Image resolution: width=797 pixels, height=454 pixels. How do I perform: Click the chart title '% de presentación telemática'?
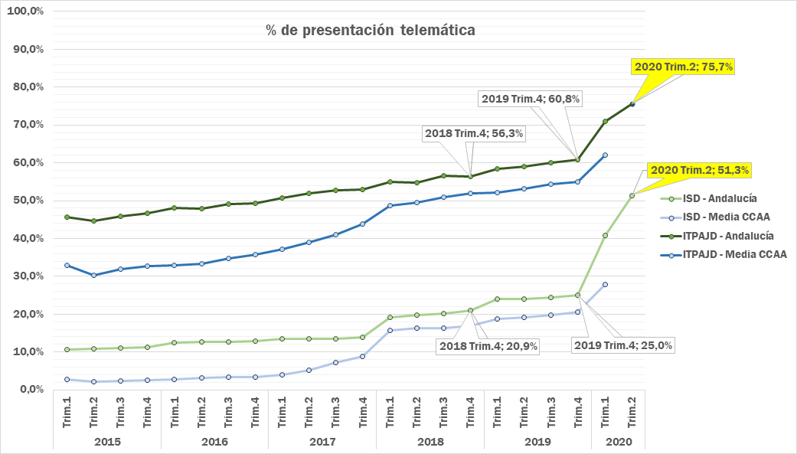(x=370, y=31)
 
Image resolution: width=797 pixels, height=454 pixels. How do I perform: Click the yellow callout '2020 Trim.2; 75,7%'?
(x=684, y=67)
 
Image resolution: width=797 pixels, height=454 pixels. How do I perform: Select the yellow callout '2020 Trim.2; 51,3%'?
(x=699, y=170)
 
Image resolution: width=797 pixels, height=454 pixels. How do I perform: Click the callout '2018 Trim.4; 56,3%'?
(x=474, y=133)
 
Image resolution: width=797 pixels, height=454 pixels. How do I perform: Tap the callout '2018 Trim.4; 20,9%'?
(x=488, y=346)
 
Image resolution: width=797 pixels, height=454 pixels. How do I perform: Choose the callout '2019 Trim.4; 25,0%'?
(x=623, y=345)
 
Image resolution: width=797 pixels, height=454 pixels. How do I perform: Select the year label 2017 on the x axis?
(x=322, y=442)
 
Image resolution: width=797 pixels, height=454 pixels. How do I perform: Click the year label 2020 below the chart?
(x=619, y=442)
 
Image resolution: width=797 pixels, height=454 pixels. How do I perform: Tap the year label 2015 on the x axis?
(x=106, y=442)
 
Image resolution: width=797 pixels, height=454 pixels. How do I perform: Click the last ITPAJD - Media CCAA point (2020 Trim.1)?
(x=605, y=155)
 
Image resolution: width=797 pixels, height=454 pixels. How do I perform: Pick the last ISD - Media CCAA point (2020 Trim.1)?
(x=605, y=285)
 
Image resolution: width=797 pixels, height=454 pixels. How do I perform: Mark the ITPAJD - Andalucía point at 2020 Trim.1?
(x=605, y=122)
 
